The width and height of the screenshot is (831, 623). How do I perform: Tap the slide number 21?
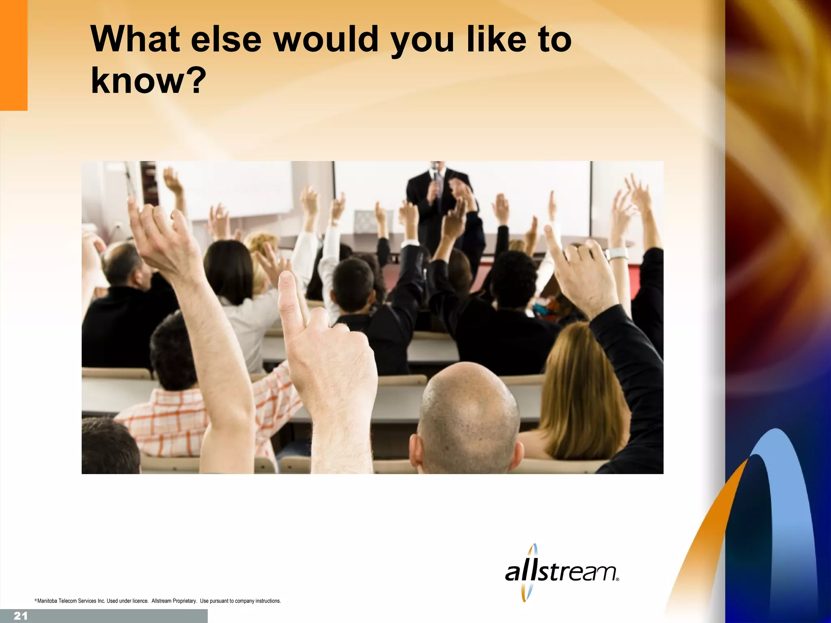pos(20,616)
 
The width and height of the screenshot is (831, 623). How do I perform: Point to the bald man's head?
pos(469,410)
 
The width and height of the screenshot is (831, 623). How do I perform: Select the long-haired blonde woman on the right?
pos(580,389)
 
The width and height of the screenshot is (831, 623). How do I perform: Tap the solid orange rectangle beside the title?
pos(13,55)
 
